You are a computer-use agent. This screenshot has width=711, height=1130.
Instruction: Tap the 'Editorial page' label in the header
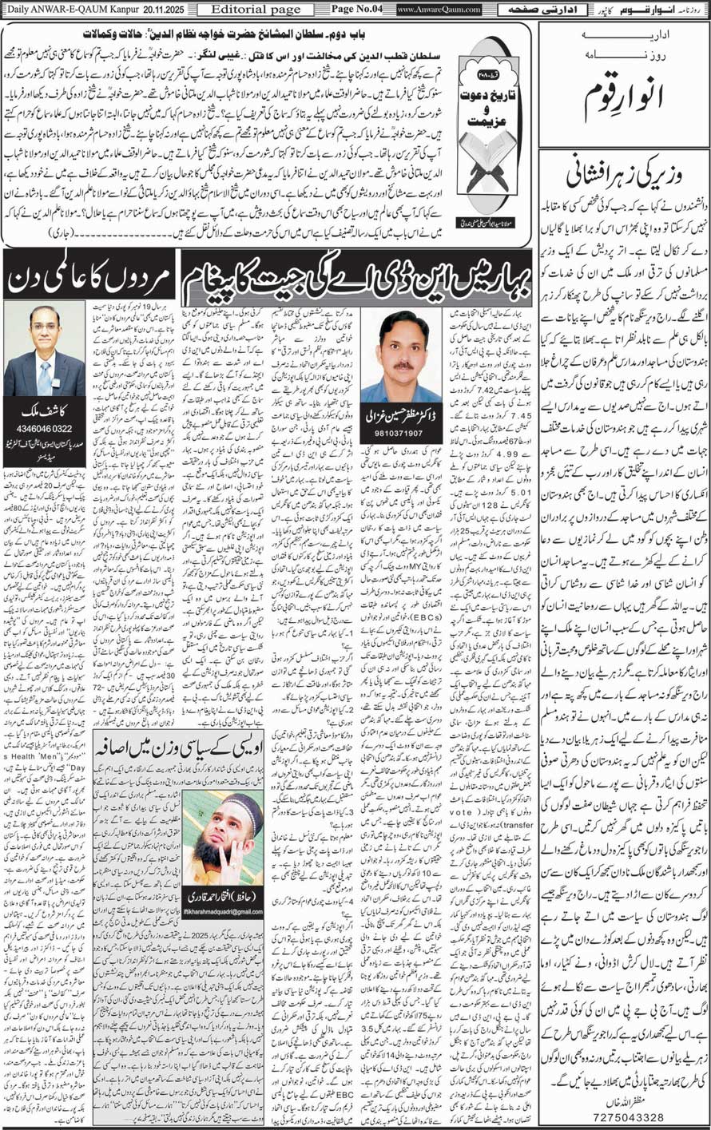[x=238, y=9]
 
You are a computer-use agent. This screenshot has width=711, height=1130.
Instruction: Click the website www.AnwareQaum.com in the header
[x=438, y=9]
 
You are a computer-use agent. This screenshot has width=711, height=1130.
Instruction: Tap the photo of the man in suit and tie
[x=45, y=350]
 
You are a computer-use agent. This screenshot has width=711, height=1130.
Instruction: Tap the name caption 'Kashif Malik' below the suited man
[x=45, y=414]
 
